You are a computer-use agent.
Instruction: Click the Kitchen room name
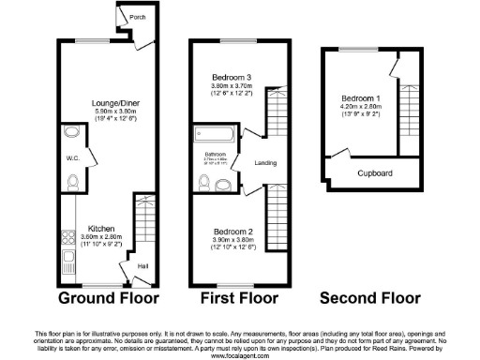100,228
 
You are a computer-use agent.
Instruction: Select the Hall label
142,266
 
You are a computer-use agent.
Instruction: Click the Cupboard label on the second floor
375,173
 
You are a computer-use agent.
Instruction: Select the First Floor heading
238,299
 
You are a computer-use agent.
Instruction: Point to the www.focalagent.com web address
239,355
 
